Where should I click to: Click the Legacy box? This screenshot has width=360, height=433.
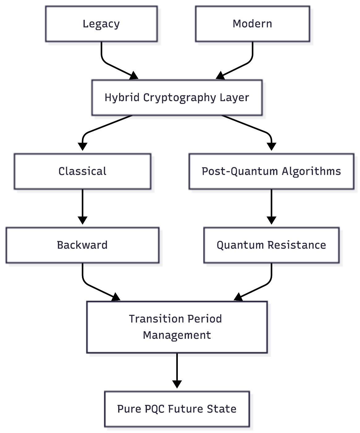click(x=101, y=24)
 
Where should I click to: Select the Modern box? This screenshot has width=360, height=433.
click(x=252, y=24)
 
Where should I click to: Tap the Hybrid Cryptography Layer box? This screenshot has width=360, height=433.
click(x=177, y=97)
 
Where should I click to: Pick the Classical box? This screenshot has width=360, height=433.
click(x=82, y=171)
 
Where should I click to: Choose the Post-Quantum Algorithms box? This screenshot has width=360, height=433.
click(x=271, y=171)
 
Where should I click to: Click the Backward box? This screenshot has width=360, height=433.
click(x=82, y=245)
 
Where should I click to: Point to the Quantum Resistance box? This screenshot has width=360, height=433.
click(x=271, y=245)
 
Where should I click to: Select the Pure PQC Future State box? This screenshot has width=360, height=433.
click(x=177, y=409)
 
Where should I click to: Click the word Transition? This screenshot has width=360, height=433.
click(x=149, y=319)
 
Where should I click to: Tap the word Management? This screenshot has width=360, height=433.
click(x=177, y=335)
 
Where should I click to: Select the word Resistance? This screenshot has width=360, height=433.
click(x=297, y=245)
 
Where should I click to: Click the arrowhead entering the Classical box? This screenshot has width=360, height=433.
click(x=82, y=147)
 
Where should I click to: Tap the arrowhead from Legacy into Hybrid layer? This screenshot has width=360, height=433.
click(x=134, y=76)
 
